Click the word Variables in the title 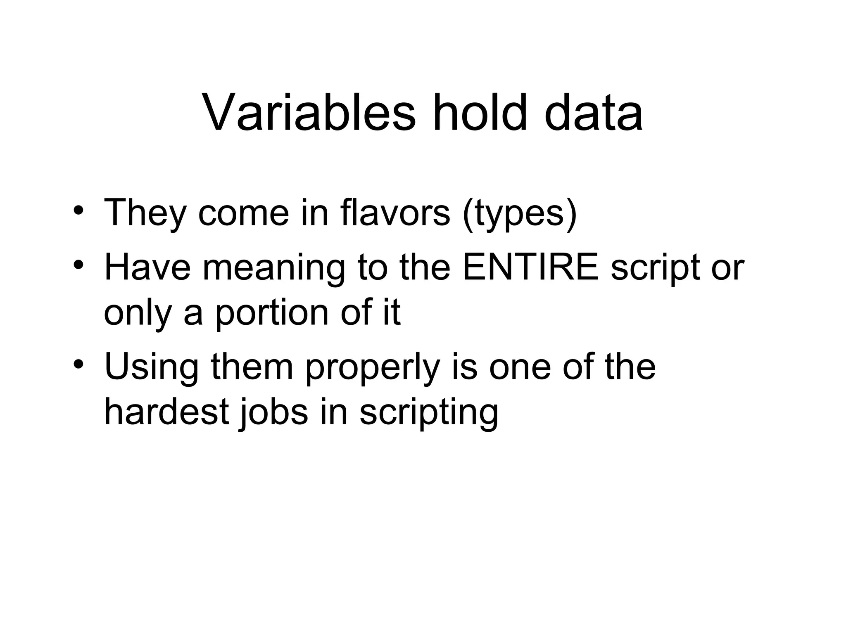(x=309, y=112)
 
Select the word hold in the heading (x=480, y=112)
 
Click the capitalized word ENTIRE (x=530, y=267)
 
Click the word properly (x=372, y=369)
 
